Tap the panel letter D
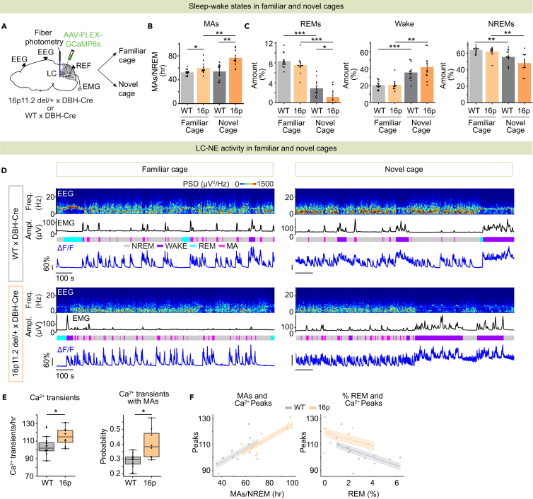[6, 170]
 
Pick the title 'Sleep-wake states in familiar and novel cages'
[266, 7]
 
